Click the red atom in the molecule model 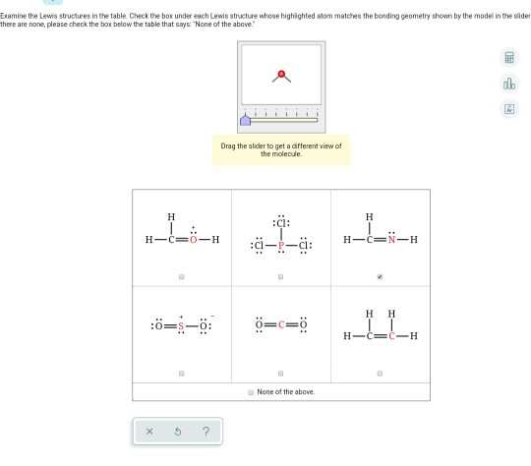281,74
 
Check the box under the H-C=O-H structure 182,277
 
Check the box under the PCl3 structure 280,277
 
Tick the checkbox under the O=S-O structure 182,374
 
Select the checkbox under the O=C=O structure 280,374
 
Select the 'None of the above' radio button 251,392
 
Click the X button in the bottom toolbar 149,431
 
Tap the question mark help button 205,431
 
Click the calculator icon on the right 509,58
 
